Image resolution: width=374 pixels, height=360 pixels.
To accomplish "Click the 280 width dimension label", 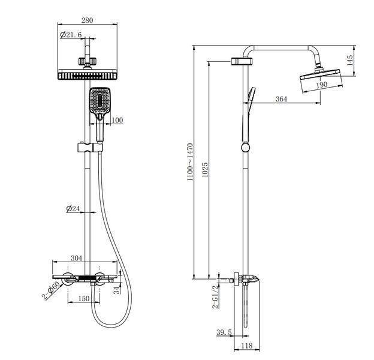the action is click(x=87, y=20).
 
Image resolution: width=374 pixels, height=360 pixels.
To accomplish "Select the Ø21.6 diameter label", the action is click(x=71, y=35).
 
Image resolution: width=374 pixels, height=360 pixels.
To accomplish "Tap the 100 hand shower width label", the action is click(x=117, y=120).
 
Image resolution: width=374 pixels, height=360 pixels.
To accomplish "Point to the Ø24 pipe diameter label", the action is click(x=73, y=208).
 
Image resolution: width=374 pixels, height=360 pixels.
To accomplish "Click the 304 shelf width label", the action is click(x=76, y=258).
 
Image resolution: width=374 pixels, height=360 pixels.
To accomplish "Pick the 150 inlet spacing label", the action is click(x=84, y=298).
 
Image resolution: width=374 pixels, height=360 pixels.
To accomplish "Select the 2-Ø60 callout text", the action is click(x=51, y=290).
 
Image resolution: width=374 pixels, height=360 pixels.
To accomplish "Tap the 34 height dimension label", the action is click(x=117, y=290).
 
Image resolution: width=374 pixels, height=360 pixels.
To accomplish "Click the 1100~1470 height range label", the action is click(x=190, y=162).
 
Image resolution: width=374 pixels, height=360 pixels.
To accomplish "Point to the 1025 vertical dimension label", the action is click(x=205, y=170).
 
